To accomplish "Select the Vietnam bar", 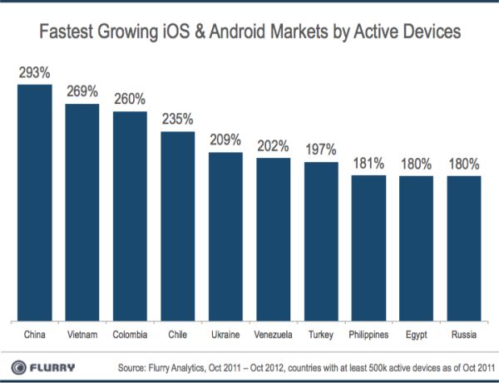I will (82, 211).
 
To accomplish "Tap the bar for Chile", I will (177, 224).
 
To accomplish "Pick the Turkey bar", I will (320, 240).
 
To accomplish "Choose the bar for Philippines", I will (368, 247).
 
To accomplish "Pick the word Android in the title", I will (267, 33).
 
